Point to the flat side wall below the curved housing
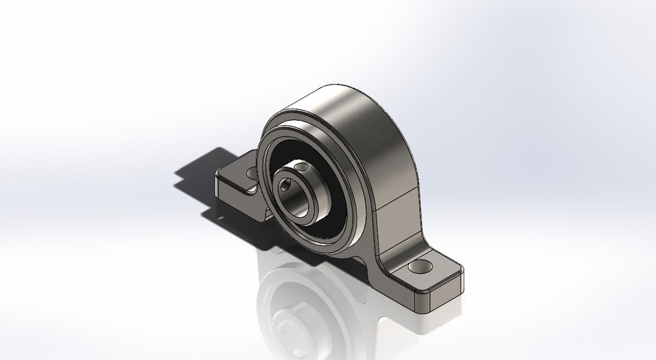(396, 219)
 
